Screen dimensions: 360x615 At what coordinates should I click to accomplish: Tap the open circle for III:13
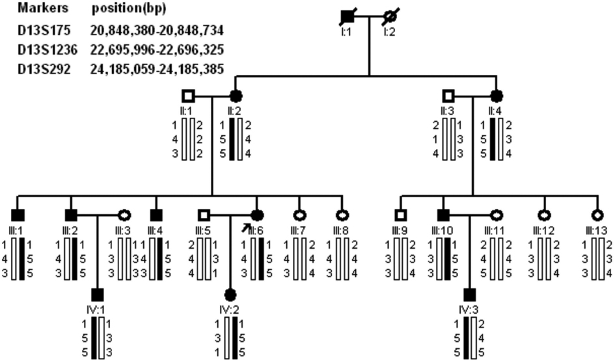(x=595, y=214)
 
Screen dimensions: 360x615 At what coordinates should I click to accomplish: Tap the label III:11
(x=497, y=230)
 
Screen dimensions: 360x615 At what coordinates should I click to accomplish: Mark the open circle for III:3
(x=124, y=214)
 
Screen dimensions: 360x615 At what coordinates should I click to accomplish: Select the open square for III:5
(x=204, y=214)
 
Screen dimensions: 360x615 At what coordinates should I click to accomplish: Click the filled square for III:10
(x=443, y=214)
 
